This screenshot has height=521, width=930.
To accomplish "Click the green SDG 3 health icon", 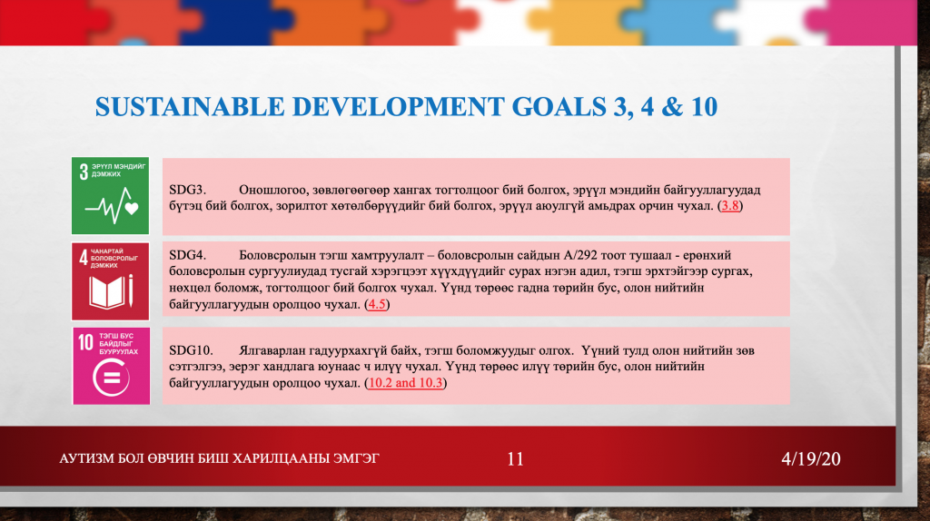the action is (x=110, y=195).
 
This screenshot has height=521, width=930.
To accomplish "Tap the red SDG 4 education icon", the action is (x=110, y=281).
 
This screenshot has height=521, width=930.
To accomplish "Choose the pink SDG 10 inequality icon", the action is (x=112, y=366).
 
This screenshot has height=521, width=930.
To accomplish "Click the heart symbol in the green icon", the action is (x=132, y=208).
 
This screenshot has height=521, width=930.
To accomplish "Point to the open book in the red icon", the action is (x=107, y=293).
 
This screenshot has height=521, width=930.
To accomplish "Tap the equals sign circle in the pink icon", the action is (x=111, y=378).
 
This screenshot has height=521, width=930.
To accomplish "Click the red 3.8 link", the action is (x=730, y=206).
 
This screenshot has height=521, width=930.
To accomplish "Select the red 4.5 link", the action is (x=377, y=304).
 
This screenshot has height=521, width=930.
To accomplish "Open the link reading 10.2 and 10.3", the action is (x=406, y=383).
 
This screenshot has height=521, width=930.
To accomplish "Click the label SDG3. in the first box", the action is (x=187, y=190).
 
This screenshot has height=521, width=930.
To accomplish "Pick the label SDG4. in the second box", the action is (x=187, y=255).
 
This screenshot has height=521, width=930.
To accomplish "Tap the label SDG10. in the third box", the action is (x=191, y=350).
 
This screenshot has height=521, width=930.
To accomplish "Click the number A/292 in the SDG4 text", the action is (x=580, y=255).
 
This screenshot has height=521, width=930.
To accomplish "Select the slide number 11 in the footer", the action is (x=516, y=458).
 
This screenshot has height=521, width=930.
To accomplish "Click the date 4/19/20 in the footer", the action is (x=811, y=458).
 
